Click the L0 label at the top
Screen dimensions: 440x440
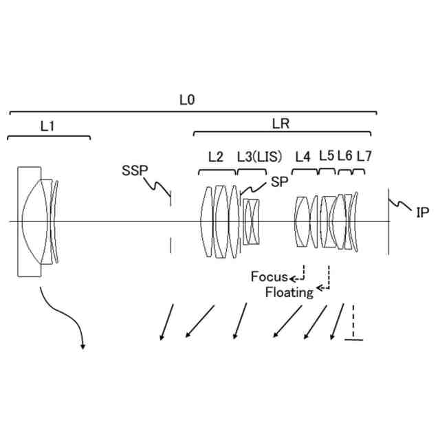[186, 100]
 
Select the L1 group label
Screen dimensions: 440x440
[47, 126]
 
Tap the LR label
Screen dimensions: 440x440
[280, 124]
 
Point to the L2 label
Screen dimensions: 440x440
[215, 157]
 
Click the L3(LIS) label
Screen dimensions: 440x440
[259, 157]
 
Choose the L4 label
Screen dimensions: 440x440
[302, 157]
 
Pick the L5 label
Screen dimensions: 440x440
[326, 156]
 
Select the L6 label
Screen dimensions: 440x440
[344, 156]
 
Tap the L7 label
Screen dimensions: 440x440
[364, 156]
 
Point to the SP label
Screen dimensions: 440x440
[279, 181]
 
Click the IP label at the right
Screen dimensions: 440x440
[422, 212]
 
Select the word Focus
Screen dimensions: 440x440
[269, 277]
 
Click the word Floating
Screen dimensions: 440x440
[289, 292]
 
